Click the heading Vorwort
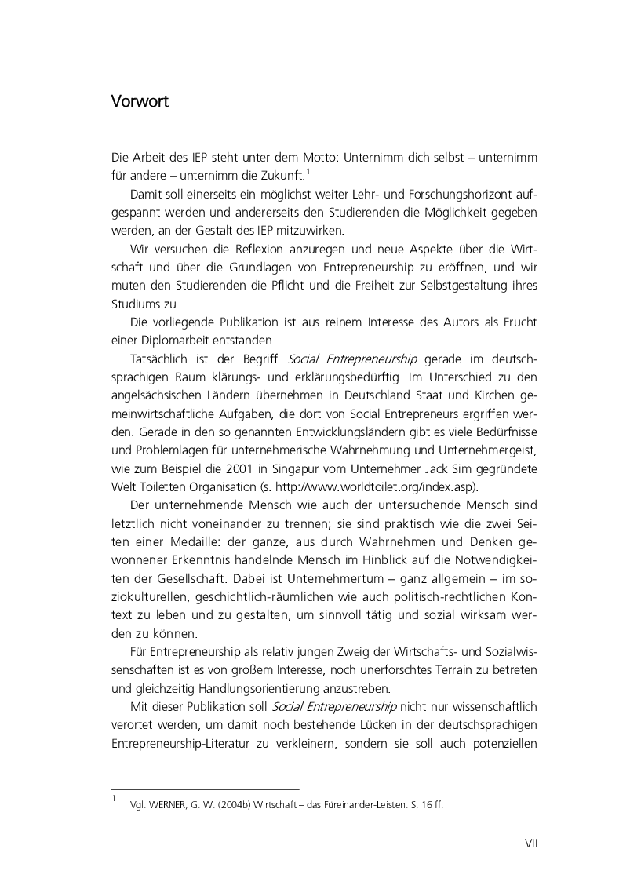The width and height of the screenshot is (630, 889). (140, 103)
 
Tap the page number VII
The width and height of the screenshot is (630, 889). (530, 844)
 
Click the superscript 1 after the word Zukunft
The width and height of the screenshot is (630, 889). (309, 172)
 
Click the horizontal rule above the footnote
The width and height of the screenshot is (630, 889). (206, 789)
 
